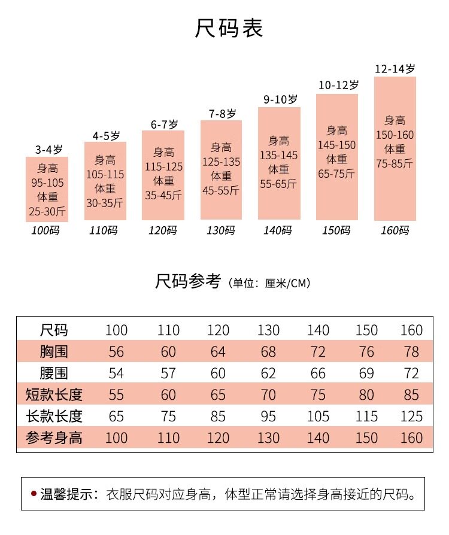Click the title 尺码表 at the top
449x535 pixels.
[229, 29]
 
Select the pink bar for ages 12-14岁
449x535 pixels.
[395, 148]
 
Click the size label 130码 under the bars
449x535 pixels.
[221, 230]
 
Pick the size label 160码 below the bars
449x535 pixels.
[395, 230]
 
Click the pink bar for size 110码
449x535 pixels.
[105, 181]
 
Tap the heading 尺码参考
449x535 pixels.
[189, 281]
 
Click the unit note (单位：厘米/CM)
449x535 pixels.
[269, 283]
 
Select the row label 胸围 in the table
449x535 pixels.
[54, 352]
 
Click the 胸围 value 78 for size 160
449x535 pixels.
[411, 352]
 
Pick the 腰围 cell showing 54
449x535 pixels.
[116, 373]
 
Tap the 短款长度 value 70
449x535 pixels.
[268, 395]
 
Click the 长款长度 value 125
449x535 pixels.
[411, 417]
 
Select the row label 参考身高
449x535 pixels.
[54, 438]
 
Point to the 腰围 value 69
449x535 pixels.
[366, 373]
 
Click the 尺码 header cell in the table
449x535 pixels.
[54, 330]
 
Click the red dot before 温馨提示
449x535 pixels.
[34, 494]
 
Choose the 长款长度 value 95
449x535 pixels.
[268, 417]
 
